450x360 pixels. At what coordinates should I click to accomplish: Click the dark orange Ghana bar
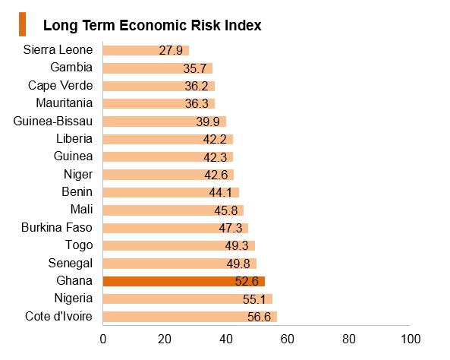coord(184,281)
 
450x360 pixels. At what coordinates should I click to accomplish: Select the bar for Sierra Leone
coord(146,50)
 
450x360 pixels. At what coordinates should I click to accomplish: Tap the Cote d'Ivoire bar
coord(190,317)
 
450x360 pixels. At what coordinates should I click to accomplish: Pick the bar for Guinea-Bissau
coord(165,122)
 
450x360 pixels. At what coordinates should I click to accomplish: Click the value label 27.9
coord(171,51)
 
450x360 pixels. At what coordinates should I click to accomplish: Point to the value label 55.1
coord(254,299)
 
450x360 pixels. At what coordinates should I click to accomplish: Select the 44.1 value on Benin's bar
coord(220,192)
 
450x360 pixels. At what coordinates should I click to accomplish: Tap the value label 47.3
coord(231,228)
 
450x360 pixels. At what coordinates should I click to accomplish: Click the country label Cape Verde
coord(60,86)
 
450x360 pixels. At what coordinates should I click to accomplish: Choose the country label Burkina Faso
coord(57,228)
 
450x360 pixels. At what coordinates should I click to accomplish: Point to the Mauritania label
coord(65,103)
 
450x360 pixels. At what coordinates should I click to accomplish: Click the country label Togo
coord(79,245)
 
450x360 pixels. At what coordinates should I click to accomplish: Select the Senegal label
coord(71,264)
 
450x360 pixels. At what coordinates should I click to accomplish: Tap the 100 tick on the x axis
coord(411,339)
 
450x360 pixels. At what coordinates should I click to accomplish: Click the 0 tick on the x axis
coord(103,339)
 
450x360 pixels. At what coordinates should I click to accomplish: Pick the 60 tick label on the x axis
coord(288,339)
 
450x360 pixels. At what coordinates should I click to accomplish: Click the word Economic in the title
coord(153,25)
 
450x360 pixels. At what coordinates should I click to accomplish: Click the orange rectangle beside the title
coord(22,24)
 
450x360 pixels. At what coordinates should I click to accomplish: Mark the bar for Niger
coord(168,175)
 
